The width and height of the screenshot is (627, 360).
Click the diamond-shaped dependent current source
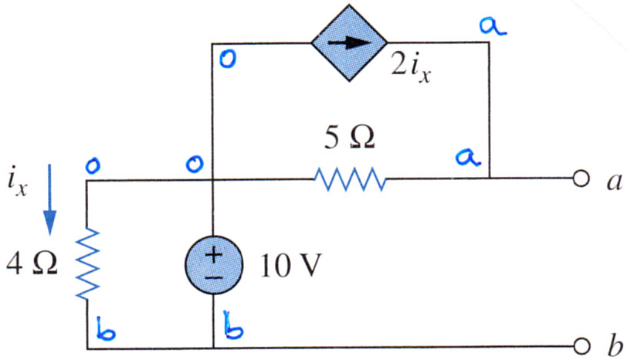(349, 42)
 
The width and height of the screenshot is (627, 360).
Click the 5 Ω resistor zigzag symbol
(350, 178)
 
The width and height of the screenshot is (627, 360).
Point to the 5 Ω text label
(350, 138)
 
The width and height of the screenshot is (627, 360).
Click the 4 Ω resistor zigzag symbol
(87, 264)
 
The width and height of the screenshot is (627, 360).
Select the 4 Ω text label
(32, 263)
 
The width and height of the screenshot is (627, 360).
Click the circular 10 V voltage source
(214, 265)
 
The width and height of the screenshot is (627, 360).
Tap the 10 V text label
(290, 266)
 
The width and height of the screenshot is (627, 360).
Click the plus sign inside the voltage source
(214, 254)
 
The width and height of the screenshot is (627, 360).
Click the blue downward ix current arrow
(49, 199)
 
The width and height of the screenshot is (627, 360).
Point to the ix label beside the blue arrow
(18, 182)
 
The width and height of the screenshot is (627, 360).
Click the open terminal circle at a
(581, 178)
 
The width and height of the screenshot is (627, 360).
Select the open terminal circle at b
(581, 346)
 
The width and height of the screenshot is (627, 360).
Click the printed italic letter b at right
(615, 345)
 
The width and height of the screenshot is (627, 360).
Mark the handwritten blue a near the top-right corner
(493, 27)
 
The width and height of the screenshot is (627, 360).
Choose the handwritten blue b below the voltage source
(233, 324)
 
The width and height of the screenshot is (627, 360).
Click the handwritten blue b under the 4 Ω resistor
(106, 329)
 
